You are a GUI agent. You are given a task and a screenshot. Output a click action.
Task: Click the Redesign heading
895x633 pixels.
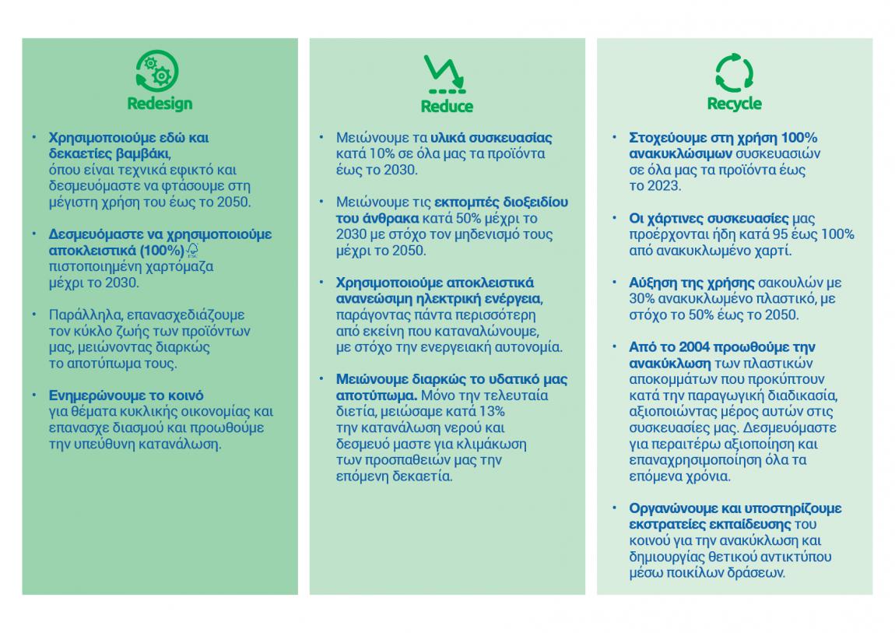160,104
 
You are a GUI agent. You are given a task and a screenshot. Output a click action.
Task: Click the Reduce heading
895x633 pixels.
447,106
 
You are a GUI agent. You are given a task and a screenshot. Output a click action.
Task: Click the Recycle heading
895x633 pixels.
734,104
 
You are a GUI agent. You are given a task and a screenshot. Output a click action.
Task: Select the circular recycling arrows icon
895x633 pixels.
734,72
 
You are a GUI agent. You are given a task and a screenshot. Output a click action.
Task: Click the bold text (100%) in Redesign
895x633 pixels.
162,250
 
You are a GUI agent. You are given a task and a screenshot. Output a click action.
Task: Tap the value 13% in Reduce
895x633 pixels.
490,411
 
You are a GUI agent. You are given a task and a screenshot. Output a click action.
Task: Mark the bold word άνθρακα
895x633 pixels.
388,218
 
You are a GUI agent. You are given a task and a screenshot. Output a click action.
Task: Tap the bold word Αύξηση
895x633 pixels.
651,283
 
